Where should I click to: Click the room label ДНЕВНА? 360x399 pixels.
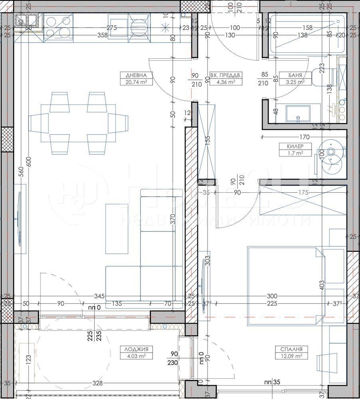coord(133,75)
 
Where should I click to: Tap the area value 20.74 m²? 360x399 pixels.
coord(133,83)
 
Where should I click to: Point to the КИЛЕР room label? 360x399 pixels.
coord(290,146)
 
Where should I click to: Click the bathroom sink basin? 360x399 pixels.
coord(298,113)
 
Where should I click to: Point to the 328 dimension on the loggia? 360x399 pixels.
coord(98,383)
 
